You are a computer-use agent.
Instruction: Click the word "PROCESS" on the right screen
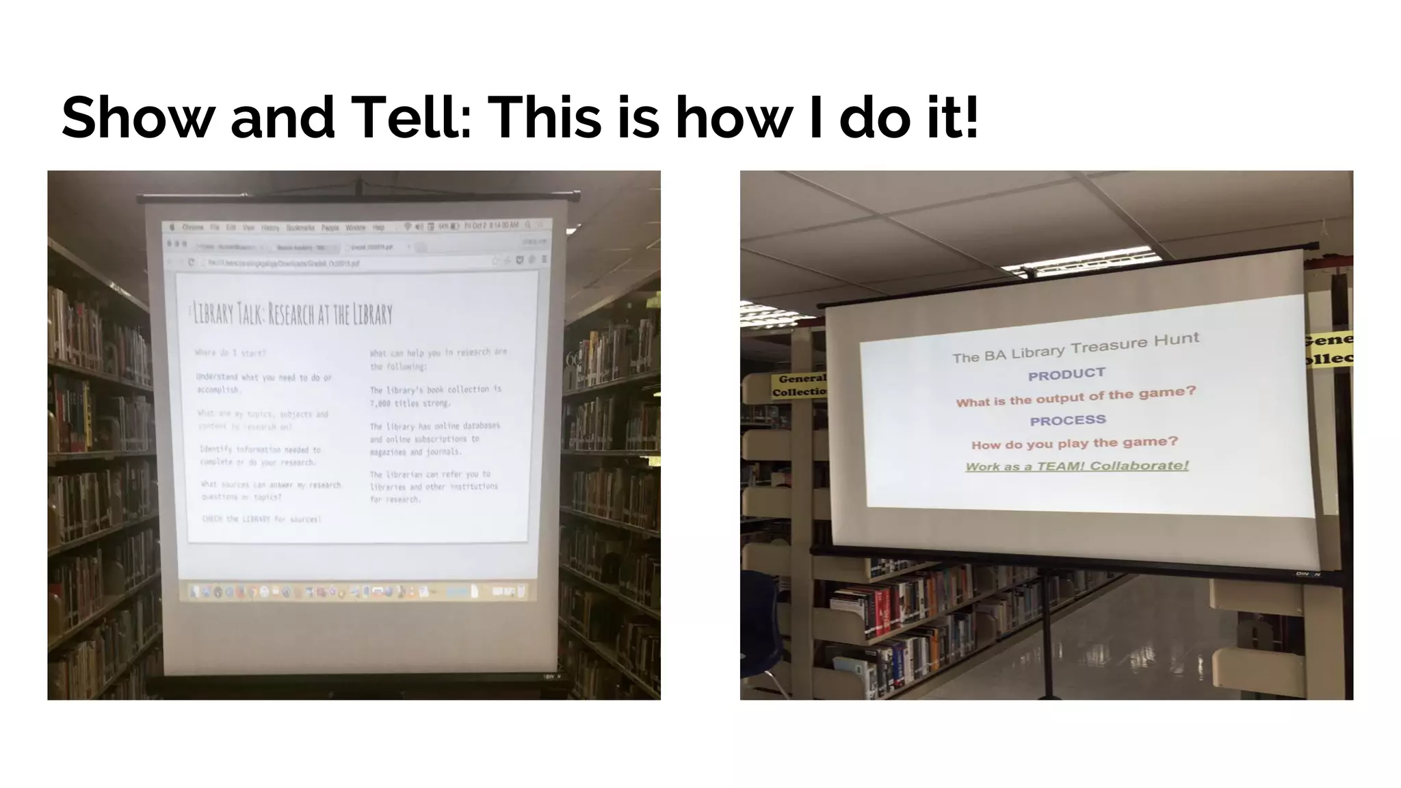pos(1067,420)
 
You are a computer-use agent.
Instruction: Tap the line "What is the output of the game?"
pos(1075,396)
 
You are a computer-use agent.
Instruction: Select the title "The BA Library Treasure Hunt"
pos(1075,347)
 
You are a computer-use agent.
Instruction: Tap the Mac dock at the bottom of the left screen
pos(356,591)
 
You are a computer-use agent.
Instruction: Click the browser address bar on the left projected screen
pos(342,262)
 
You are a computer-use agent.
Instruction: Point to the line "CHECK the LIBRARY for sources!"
pos(261,519)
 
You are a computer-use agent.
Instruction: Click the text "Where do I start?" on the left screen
pos(231,353)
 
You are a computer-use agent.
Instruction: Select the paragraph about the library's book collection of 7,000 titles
pos(436,396)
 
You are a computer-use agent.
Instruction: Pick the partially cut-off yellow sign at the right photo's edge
pos(1328,349)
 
